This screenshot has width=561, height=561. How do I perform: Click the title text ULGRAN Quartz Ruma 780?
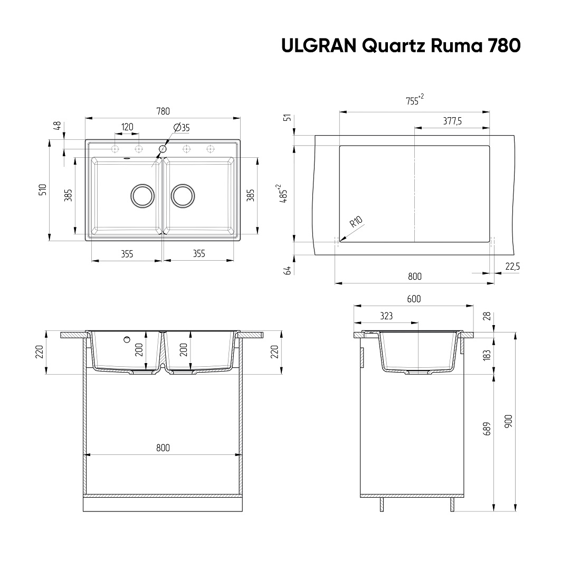click(401, 46)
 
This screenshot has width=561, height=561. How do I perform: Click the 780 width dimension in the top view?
click(163, 111)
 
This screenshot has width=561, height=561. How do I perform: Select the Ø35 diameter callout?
click(182, 127)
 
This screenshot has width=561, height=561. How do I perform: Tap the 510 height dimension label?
click(43, 189)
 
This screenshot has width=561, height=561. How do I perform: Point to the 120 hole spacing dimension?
click(127, 127)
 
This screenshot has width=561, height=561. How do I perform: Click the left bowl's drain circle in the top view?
click(142, 196)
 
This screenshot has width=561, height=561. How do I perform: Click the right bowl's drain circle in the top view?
click(183, 196)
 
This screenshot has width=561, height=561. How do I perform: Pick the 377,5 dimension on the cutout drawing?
click(452, 121)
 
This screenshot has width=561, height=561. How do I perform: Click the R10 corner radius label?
click(356, 222)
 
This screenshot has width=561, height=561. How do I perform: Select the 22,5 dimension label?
click(512, 267)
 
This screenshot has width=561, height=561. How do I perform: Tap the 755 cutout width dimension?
click(415, 100)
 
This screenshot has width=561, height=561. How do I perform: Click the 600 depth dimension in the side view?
click(414, 299)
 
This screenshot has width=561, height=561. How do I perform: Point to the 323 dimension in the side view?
click(386, 316)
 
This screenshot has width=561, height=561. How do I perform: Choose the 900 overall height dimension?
click(508, 421)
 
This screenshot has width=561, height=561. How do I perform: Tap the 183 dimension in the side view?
click(487, 355)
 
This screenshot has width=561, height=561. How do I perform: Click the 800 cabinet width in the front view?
click(163, 448)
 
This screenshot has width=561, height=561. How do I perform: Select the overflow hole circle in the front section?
click(127, 339)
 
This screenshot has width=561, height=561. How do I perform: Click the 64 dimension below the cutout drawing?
click(287, 270)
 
